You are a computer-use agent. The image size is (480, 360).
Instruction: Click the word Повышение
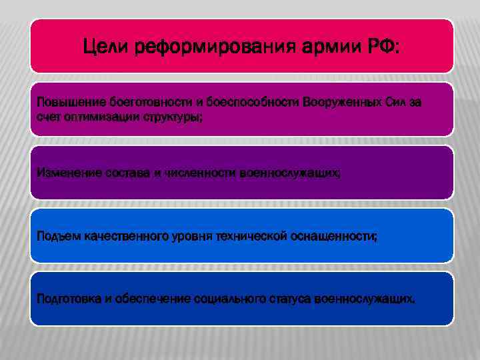click(x=66, y=103)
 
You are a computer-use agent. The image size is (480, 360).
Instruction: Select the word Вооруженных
click(x=341, y=103)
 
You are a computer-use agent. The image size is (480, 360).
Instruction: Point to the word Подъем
click(x=57, y=237)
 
